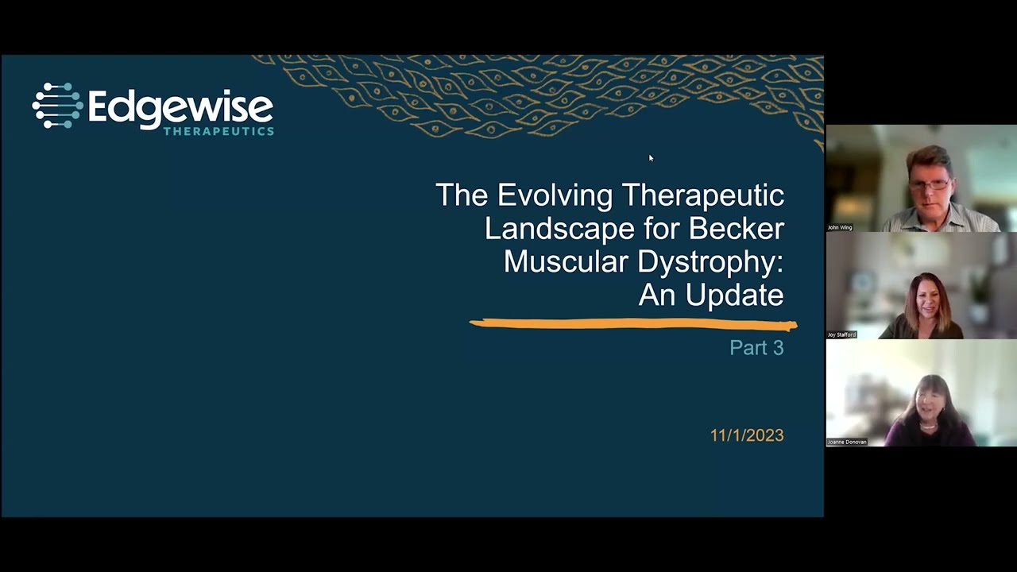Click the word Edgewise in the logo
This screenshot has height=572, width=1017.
pos(180,109)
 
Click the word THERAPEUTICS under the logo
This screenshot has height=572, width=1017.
pos(218,131)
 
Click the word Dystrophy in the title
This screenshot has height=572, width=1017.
pos(708,262)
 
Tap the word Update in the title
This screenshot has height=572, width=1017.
pos(735,296)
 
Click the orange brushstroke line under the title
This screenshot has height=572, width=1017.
pos(633,323)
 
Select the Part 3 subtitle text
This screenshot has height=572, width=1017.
pos(757,348)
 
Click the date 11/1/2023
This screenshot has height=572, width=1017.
pos(747,435)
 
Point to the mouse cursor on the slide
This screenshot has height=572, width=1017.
pos(651,158)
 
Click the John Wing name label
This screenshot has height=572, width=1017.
pos(840,227)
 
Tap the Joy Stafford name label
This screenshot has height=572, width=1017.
pos(841,334)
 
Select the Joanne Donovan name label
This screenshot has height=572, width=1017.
pos(847,442)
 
